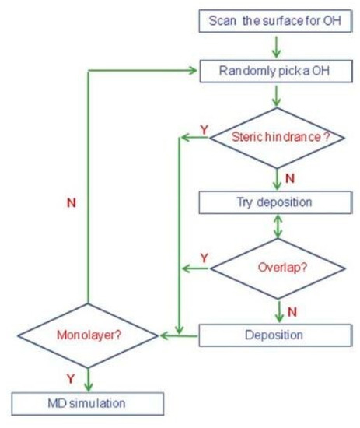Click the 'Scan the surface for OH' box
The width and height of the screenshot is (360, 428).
tap(277, 19)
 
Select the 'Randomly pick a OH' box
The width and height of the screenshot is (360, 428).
tap(277, 72)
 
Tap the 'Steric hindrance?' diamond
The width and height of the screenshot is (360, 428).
tap(277, 138)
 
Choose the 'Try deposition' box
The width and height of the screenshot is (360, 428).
tap(277, 202)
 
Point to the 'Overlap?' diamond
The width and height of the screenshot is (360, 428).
tap(277, 269)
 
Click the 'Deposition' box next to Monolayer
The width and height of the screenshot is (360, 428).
tap(277, 336)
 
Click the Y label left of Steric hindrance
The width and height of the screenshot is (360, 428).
tap(203, 127)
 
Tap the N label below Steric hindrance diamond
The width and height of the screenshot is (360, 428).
tap(290, 177)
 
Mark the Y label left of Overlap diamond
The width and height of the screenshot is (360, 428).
tap(203, 258)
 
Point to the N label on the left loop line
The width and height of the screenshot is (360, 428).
tap(72, 204)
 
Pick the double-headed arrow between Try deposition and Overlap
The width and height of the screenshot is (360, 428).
tap(277, 227)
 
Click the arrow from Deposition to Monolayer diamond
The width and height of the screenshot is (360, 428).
tap(179, 336)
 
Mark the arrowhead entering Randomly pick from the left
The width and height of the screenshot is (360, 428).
tap(193, 72)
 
